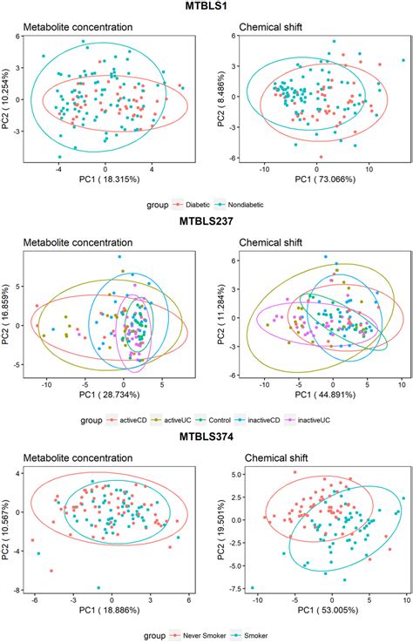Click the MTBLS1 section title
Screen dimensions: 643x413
click(207, 7)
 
